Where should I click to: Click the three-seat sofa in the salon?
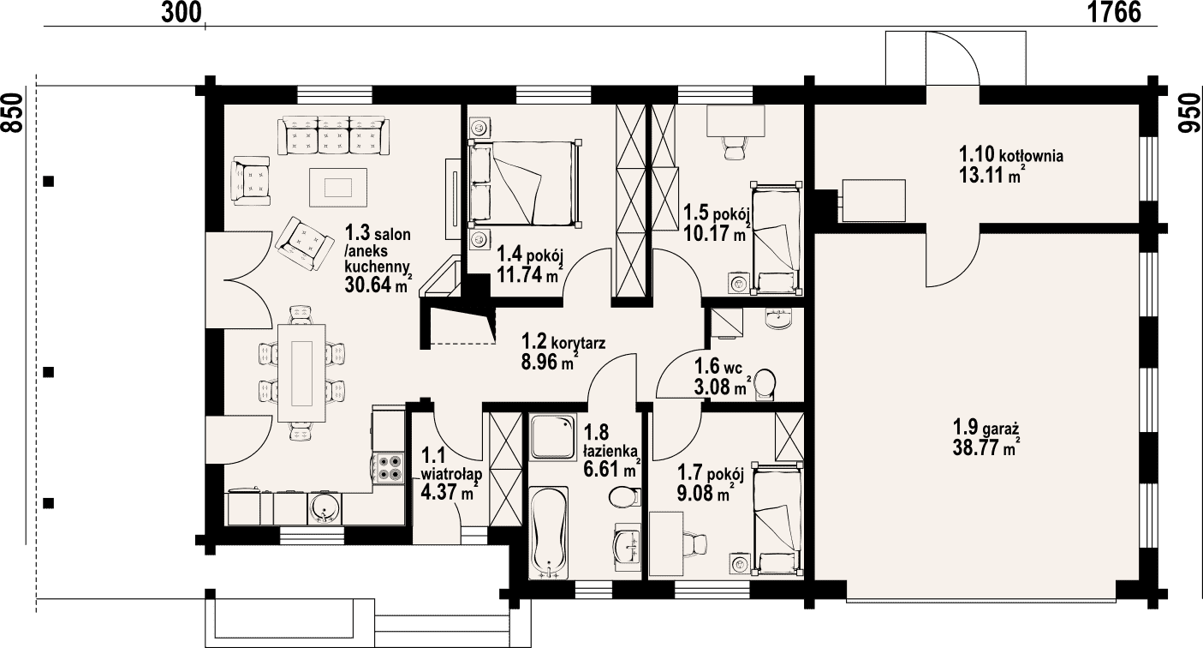[x=333, y=135]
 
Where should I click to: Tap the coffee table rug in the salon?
[x=338, y=187]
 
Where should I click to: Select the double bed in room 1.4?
[x=525, y=183]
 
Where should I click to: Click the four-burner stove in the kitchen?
[x=389, y=468]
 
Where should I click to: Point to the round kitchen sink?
[x=325, y=508]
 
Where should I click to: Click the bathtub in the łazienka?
[x=548, y=532]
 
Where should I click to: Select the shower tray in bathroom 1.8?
[x=552, y=436]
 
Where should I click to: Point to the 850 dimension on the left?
[x=12, y=112]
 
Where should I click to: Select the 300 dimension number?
[x=181, y=12]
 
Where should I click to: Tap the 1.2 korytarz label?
[x=563, y=342]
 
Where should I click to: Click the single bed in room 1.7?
[x=777, y=519]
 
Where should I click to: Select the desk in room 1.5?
[x=735, y=121]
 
